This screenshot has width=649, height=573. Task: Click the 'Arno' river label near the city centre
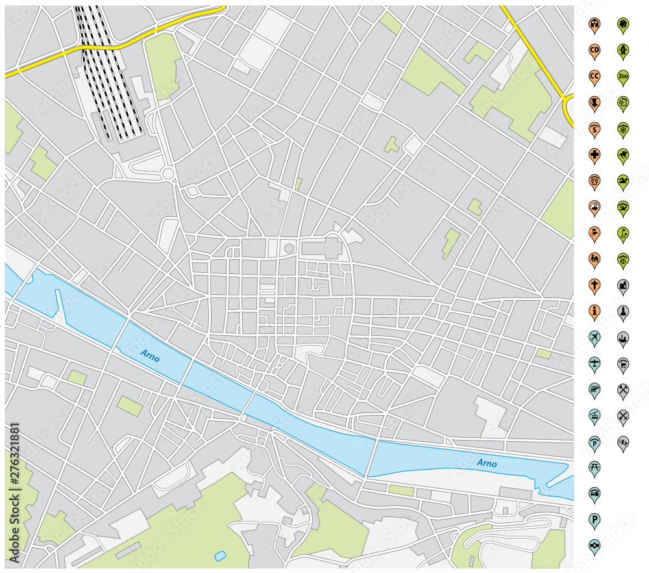pyautogui.click(x=150, y=356)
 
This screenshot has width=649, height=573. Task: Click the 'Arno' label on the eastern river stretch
pyautogui.click(x=487, y=463)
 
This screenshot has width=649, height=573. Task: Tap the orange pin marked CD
pyautogui.click(x=594, y=50)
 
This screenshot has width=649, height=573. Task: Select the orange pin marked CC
pyautogui.click(x=594, y=76)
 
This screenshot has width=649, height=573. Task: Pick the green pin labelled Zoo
pyautogui.click(x=623, y=76)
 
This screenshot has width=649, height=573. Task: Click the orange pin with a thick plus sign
pyautogui.click(x=594, y=155)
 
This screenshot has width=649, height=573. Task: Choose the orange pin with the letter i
pyautogui.click(x=594, y=311)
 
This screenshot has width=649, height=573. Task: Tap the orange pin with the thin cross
pyautogui.click(x=594, y=285)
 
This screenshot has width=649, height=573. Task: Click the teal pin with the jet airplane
pyautogui.click(x=594, y=337)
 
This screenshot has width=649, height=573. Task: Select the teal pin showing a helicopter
pyautogui.click(x=594, y=389)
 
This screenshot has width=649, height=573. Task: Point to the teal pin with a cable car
pyautogui.click(x=594, y=415)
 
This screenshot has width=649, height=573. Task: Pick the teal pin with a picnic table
pyautogui.click(x=594, y=467)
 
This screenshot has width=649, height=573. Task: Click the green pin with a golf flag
pyautogui.click(x=623, y=233)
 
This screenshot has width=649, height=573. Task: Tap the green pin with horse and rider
pyautogui.click(x=623, y=155)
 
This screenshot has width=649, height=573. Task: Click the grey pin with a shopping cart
pyautogui.click(x=623, y=363)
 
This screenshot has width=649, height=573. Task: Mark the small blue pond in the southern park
pyautogui.click(x=220, y=556)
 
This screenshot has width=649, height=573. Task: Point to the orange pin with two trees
pyautogui.click(x=594, y=259)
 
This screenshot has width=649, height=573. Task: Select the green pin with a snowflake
pyautogui.click(x=623, y=128)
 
